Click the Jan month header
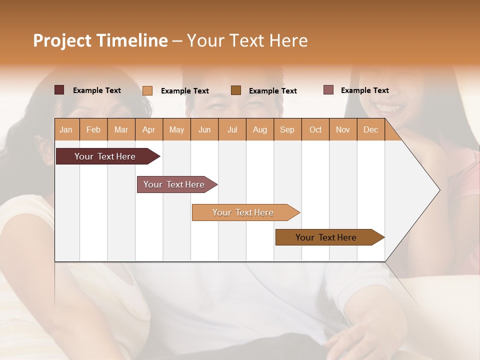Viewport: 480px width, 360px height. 66,129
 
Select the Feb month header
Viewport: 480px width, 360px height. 93,129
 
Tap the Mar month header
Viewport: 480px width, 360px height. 121,129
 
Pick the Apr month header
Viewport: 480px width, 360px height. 149,129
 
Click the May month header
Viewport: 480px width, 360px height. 176,129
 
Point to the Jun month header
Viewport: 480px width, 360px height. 204,129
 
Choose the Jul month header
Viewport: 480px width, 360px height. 232,129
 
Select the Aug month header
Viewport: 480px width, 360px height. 260,129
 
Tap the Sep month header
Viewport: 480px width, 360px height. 287,129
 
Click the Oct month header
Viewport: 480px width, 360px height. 315,129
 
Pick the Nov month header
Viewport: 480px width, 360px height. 343,129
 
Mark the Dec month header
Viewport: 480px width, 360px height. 371,129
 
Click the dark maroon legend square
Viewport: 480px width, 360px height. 59,90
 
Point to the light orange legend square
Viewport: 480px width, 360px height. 147,90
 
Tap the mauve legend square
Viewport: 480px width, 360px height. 328,90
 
